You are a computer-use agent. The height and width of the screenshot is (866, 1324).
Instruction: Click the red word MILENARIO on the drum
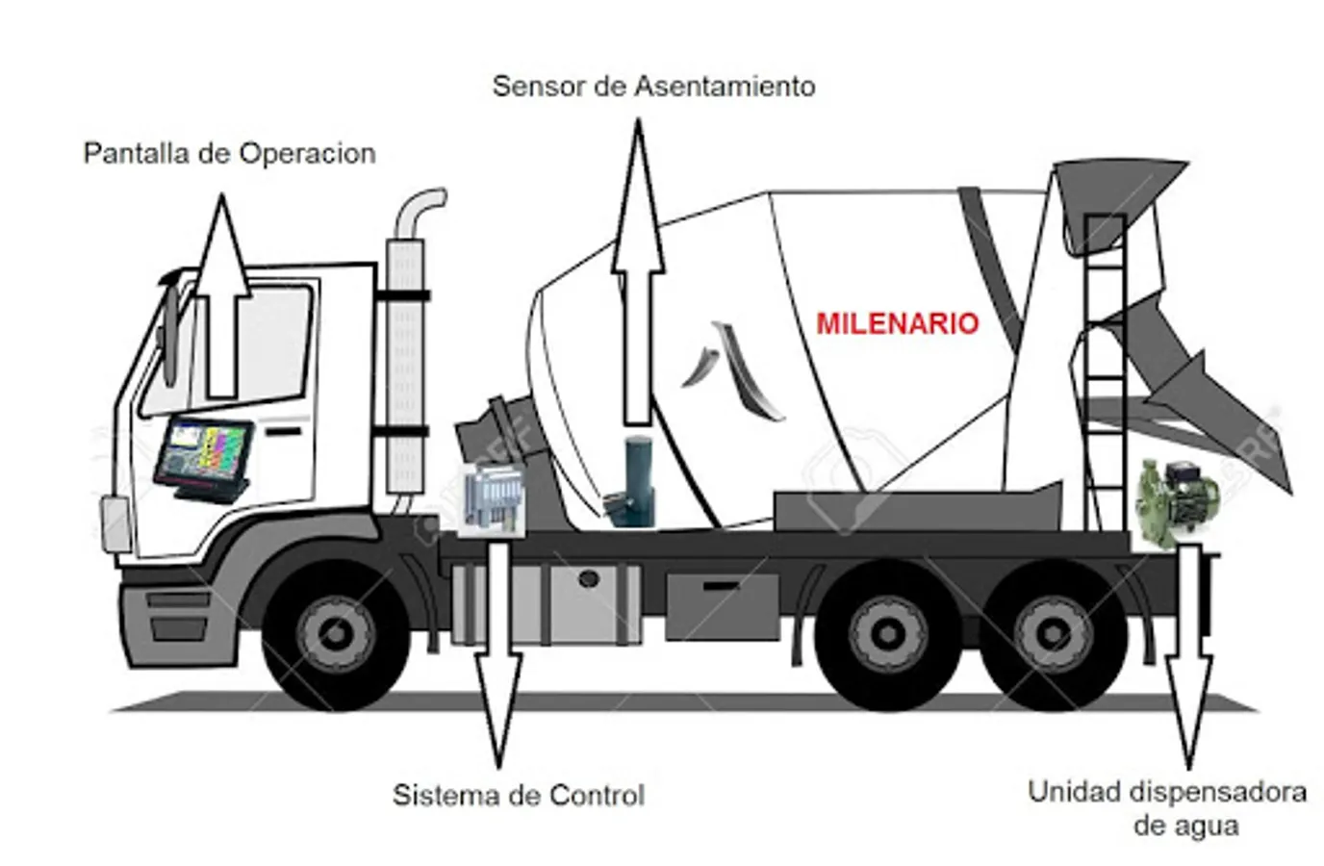coord(897,323)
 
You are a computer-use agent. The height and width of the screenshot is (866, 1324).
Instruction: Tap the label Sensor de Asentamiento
coord(653,87)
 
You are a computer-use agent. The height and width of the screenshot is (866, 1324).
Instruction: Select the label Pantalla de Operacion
coord(229,154)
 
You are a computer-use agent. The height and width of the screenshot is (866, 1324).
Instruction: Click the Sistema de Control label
coord(519,796)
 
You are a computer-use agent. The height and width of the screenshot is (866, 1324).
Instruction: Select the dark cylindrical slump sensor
coord(636,481)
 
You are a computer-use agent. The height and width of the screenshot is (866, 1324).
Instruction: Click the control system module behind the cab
coord(493,497)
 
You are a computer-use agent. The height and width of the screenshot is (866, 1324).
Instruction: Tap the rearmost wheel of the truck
coord(1054,636)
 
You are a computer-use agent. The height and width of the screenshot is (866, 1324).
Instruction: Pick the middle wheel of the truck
coord(882,636)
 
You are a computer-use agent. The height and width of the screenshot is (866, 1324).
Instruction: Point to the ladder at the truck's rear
coord(1104,375)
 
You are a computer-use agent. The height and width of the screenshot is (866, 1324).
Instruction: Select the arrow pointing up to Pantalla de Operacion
coord(222,298)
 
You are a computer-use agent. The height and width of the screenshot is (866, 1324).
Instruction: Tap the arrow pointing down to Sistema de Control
coord(498,654)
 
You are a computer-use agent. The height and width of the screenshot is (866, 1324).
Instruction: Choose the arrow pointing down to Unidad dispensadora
coord(1189,654)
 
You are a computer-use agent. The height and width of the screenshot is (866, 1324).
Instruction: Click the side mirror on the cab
coord(170,327)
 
